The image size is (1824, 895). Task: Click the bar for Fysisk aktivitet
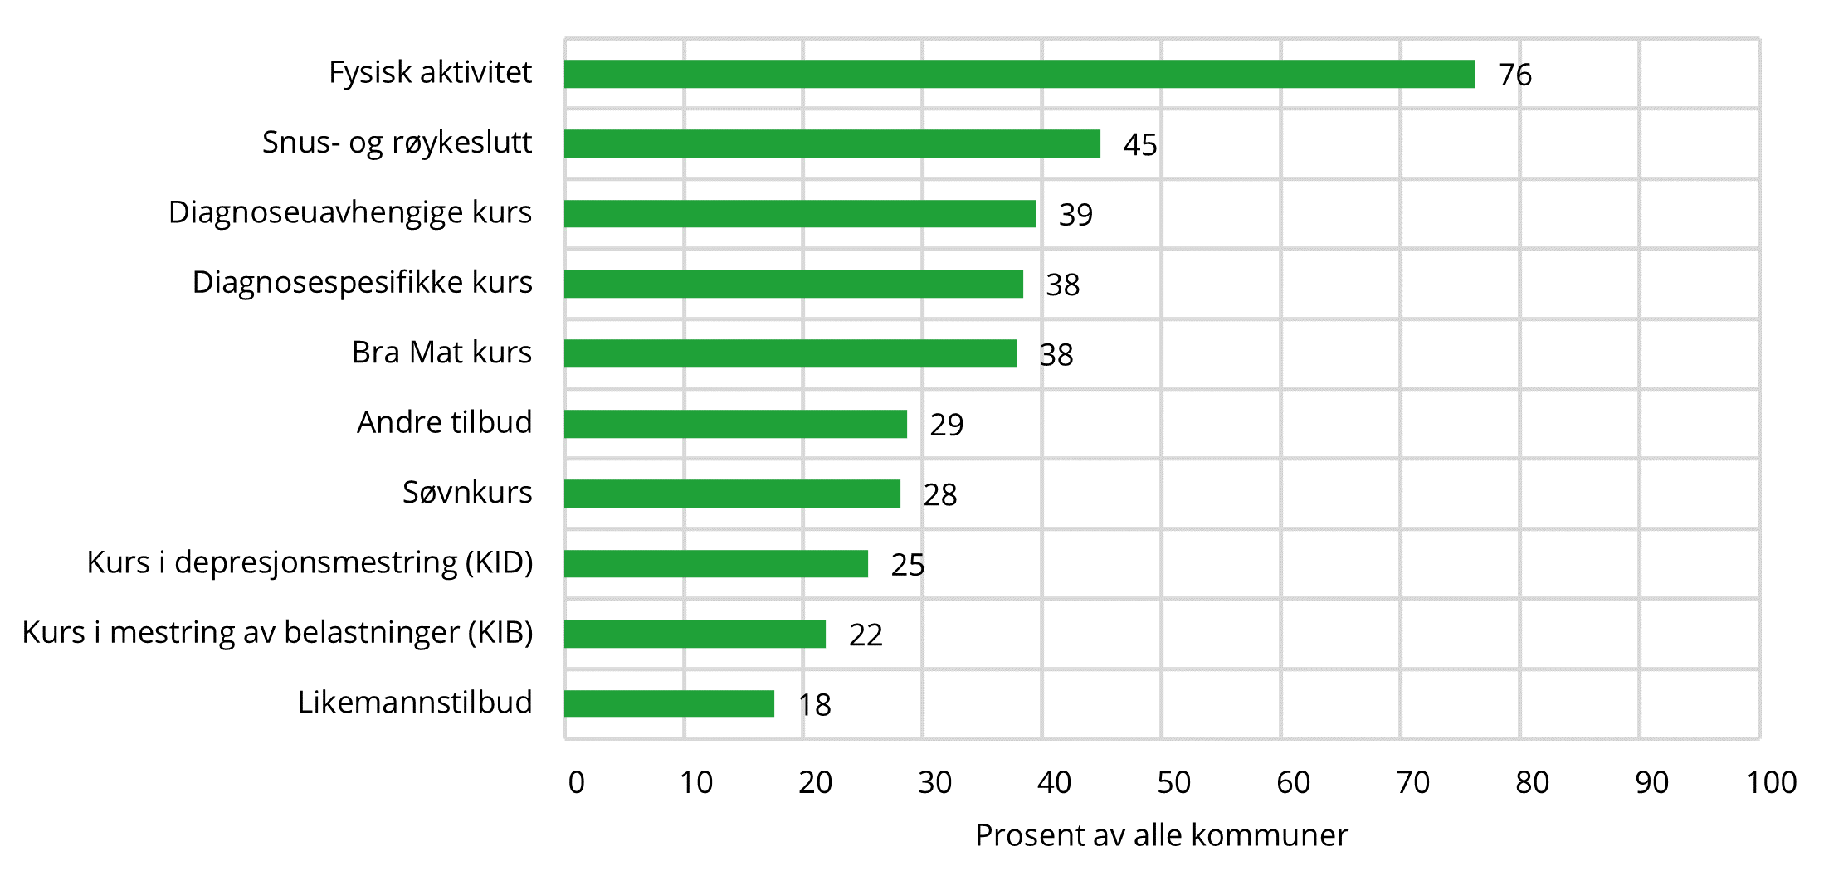point(1019,74)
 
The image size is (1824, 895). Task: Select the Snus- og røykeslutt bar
point(832,143)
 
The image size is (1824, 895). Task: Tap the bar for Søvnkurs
point(732,494)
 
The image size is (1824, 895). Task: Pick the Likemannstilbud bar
point(669,704)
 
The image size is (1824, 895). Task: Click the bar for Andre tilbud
point(735,424)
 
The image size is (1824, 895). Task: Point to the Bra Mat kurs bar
point(790,353)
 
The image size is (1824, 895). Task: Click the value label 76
point(1514,75)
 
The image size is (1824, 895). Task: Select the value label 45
point(1139,145)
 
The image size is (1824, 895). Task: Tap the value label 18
point(814,705)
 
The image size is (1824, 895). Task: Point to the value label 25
point(907,565)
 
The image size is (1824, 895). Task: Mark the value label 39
point(1075,215)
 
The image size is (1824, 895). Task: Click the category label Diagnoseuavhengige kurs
point(349,212)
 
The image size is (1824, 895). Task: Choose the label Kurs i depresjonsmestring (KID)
point(310,562)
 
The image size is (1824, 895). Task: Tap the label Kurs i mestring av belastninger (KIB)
point(277,632)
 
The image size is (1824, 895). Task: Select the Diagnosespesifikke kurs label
point(362,282)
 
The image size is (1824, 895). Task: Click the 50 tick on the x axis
point(1173,782)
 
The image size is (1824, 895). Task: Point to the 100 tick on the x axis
point(1771,782)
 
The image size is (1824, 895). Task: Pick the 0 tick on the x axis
point(576,782)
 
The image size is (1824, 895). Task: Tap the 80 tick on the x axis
point(1532,782)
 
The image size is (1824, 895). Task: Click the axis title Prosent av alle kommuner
point(1161,835)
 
